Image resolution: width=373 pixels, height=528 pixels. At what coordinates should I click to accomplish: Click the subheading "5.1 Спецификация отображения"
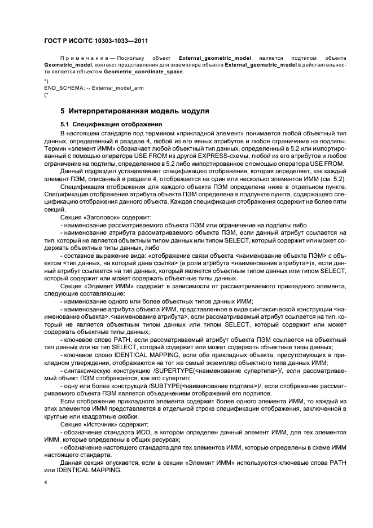[110, 124]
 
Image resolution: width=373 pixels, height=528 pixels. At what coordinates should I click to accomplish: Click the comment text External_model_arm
[111, 89]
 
